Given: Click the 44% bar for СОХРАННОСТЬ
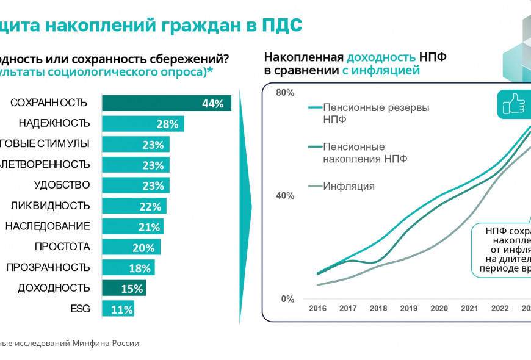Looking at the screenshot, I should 166,103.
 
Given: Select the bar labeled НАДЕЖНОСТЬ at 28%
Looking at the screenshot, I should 143,124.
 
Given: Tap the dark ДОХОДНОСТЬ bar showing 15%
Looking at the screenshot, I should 124,288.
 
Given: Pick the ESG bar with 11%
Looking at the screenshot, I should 118,309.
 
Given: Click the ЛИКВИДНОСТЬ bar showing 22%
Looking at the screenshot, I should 134,206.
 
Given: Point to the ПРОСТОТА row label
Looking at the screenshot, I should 62,247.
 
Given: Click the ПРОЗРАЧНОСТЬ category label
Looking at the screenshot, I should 48,267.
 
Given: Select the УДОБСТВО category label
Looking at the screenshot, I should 62,185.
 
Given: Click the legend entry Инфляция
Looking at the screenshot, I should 349,186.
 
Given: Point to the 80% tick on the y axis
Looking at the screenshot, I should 285,93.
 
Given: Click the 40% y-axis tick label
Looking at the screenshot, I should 285,196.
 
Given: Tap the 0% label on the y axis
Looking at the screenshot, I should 288,299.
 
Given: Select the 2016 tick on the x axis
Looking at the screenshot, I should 317,309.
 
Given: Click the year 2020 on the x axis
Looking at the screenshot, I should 439,309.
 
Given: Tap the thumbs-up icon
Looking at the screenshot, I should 513,105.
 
